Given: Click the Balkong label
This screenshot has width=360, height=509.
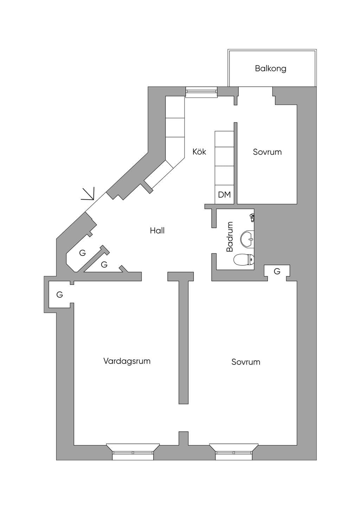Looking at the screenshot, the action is [270, 69].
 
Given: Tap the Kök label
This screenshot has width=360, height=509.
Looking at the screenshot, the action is [199, 152].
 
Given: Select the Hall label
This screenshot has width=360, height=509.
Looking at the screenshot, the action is [157, 231].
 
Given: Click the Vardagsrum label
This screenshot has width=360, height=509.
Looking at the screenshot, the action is [127, 361].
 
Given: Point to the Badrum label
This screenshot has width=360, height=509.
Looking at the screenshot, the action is [230, 237].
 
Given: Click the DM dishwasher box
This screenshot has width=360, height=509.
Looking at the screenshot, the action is [224, 194].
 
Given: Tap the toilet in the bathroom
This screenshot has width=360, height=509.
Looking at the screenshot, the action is [244, 259].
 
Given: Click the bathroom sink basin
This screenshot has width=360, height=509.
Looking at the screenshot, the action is [247, 239].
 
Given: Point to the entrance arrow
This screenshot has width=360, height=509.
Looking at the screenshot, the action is [88, 194].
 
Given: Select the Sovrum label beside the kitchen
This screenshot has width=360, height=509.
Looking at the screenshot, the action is [267, 152].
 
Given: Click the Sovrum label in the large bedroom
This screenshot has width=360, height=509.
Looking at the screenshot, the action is [246, 362].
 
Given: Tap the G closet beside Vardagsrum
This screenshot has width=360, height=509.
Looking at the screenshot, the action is [59, 295].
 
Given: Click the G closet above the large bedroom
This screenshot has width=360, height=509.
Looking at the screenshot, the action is [277, 271].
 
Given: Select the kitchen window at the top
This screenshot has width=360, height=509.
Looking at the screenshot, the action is [201, 92].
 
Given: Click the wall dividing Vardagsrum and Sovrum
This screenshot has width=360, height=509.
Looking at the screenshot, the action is [184, 341].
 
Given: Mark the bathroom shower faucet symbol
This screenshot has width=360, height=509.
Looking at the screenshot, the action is [252, 218].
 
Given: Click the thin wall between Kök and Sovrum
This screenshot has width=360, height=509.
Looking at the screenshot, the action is [236, 163].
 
